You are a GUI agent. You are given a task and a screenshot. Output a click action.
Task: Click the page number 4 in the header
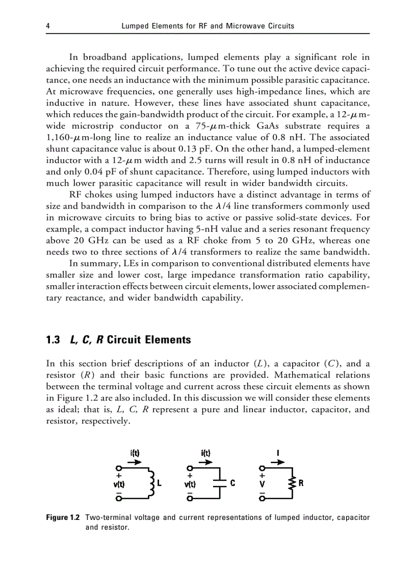[48, 26]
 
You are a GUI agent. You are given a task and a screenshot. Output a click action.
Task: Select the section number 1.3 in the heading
[53, 340]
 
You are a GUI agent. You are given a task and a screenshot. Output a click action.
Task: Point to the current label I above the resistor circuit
[277, 452]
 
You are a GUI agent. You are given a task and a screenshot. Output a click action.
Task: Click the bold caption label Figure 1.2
[63, 517]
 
